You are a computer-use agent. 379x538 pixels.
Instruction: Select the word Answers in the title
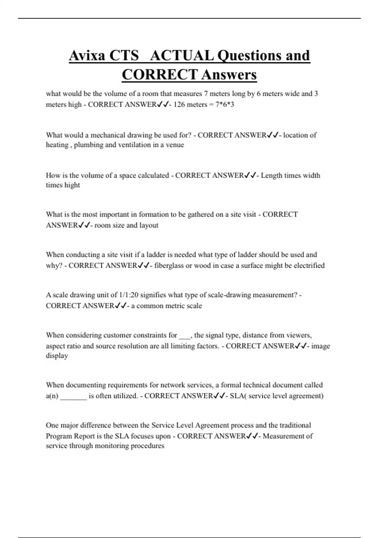tap(229, 75)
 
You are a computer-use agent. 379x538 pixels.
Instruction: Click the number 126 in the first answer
tap(179, 104)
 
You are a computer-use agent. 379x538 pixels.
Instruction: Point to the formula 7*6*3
tap(225, 104)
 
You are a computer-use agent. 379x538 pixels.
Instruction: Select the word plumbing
tap(89, 145)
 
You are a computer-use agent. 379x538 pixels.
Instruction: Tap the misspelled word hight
tap(72, 185)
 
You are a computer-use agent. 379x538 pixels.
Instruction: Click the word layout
tap(149, 225)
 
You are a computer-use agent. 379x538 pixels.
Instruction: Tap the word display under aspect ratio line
tap(57, 356)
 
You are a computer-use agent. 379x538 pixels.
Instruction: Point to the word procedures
tap(148, 446)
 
